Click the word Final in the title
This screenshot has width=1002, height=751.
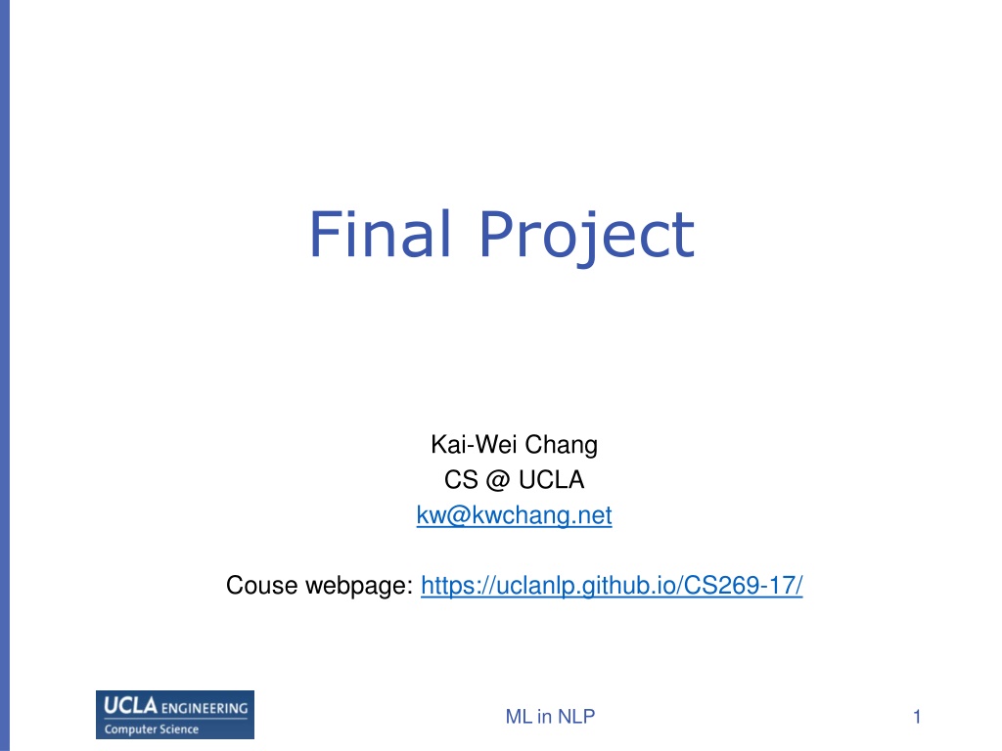pos(381,234)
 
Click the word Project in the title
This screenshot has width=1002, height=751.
pos(587,237)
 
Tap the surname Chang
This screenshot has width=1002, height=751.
pos(561,446)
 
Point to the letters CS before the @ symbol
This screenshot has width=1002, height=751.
pos(461,479)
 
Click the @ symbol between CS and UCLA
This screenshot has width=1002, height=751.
pos(498,480)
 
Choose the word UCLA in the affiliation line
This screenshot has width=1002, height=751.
pos(552,479)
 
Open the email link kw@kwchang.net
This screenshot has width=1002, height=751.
pos(514,515)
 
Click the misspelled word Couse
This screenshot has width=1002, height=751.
pos(261,585)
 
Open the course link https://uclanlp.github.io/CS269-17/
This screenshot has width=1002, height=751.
pos(612,586)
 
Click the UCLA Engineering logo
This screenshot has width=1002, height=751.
pos(175,715)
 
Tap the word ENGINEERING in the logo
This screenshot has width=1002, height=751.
pos(205,708)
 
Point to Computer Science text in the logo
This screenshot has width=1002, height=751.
pos(152,729)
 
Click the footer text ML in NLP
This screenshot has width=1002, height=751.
pos(550,717)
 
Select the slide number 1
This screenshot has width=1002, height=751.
pos(917,717)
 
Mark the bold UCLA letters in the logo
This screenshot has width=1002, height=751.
pos(131,706)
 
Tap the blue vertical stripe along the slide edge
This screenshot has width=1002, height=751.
pos(5,375)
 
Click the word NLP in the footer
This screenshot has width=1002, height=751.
pos(576,717)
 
